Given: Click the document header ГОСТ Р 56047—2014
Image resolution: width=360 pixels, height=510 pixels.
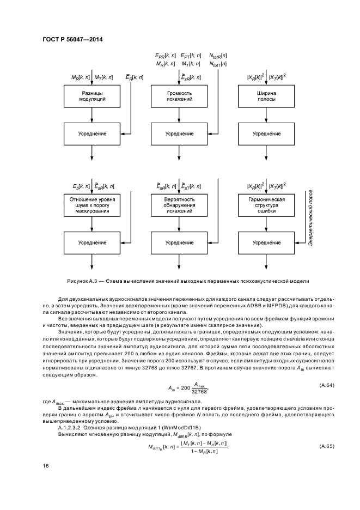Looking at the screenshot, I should click(72, 40).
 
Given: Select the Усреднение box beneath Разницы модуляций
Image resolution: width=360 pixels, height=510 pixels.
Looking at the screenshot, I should click(92, 133).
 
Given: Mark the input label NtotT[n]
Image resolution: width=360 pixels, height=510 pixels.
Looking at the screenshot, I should click(218, 64).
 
